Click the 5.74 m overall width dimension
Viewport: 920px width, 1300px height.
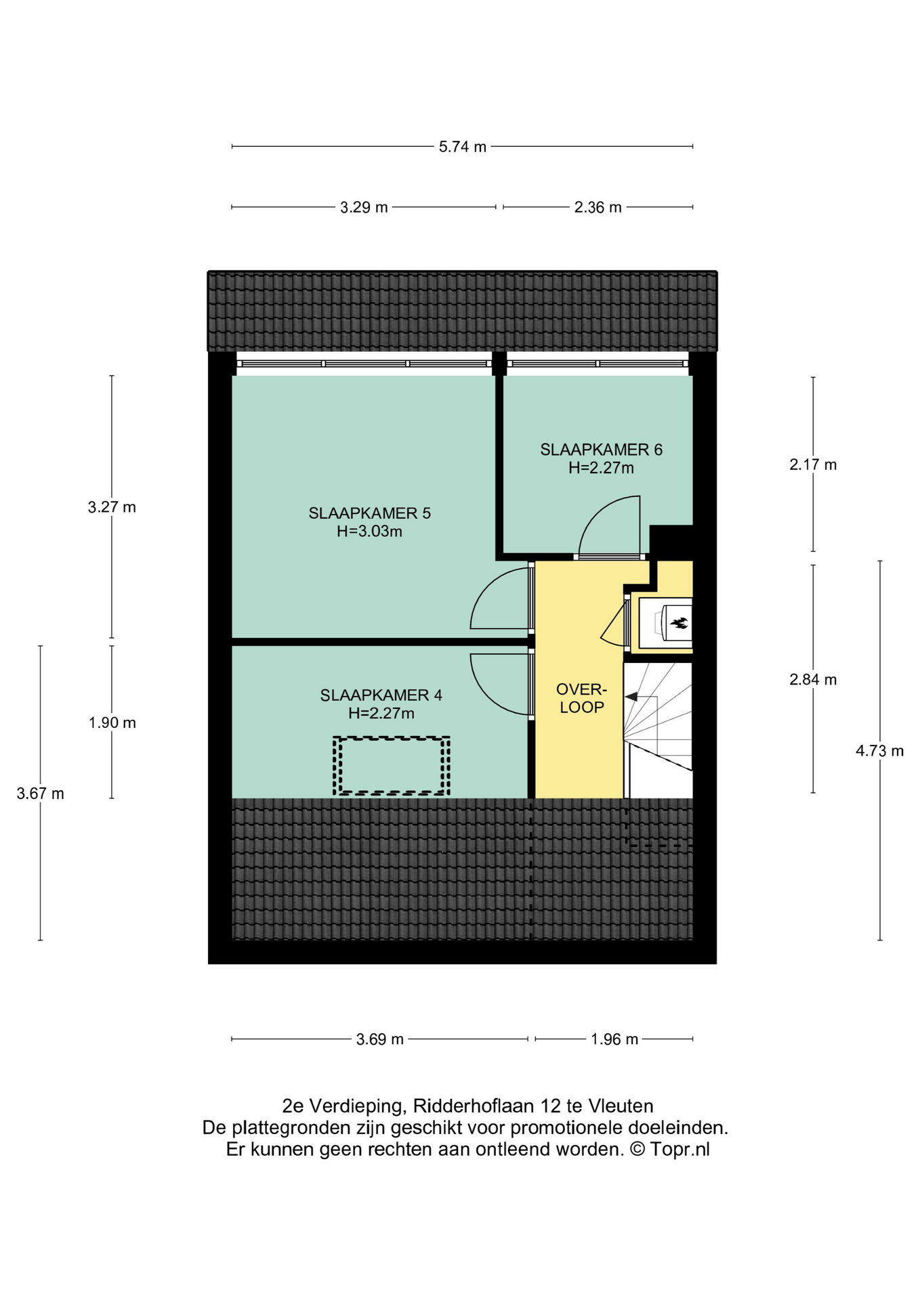[x=463, y=147]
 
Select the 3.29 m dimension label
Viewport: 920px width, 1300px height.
[x=364, y=207]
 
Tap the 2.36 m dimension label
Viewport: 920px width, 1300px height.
[x=598, y=207]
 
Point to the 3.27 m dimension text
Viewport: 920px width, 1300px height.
[x=112, y=507]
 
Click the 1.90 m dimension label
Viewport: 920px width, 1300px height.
[x=112, y=723]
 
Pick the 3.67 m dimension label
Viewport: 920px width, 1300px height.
[x=41, y=794]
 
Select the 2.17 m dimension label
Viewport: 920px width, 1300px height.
[x=813, y=464]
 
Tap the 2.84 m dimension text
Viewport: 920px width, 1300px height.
[x=813, y=680]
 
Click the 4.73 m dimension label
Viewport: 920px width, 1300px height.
[x=880, y=751]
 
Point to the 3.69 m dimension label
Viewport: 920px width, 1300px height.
[x=380, y=1039]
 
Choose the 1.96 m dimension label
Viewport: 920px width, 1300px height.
[x=614, y=1039]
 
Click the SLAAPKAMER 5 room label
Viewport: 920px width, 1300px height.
[x=369, y=513]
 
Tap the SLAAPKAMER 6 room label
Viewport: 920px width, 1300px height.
[x=601, y=450]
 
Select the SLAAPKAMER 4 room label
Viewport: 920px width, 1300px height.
[x=381, y=695]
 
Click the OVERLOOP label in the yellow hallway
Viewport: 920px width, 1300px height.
[x=581, y=698]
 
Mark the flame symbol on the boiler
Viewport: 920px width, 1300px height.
[x=679, y=623]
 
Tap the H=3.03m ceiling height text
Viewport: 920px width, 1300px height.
[x=369, y=532]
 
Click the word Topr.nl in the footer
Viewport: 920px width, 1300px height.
[x=680, y=1149]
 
